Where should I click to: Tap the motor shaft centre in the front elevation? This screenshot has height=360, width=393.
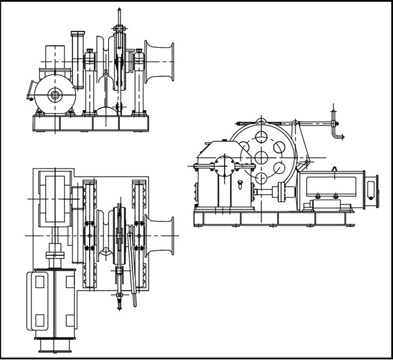(52, 94)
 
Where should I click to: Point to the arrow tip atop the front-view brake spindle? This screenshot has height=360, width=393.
(118, 10)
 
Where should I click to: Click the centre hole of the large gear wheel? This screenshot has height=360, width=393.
(261, 157)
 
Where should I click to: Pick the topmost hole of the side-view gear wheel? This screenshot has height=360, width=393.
(261, 136)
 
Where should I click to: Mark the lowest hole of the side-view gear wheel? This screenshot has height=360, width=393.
(261, 178)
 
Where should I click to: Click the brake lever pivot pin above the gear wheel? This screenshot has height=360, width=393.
(295, 124)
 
